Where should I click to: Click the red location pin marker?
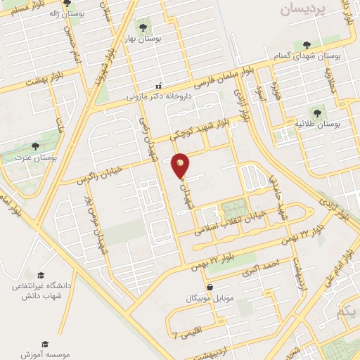click(181, 165)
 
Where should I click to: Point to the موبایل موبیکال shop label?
click(188, 299)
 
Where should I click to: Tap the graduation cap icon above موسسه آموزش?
click(46, 345)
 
